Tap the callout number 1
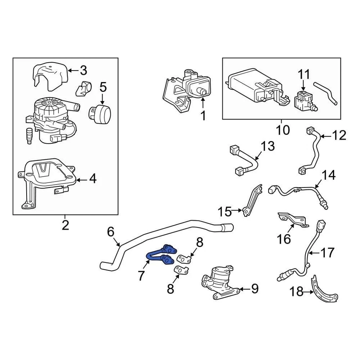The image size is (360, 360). click(203, 115)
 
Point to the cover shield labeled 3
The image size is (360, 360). click(50, 76)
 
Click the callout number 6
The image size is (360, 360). click(110, 232)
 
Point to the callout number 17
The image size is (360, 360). click(327, 253)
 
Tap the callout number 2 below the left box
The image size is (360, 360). click(65, 225)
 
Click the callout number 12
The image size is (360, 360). click(339, 135)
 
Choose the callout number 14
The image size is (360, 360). click(328, 175)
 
